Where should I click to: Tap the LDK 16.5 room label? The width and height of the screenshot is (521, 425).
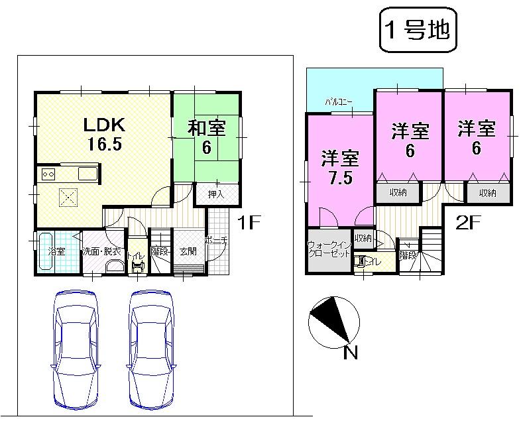tap(103, 134)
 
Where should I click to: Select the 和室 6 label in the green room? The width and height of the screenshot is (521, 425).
tap(206, 137)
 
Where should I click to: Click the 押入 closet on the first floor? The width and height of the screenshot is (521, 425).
tap(216, 194)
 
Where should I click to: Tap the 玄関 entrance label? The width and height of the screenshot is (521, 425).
tap(188, 251)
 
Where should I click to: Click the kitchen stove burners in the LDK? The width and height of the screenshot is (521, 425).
tap(48, 174)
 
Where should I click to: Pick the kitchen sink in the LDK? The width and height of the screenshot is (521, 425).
tap(87, 174)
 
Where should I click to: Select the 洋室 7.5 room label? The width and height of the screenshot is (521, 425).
tap(340, 167)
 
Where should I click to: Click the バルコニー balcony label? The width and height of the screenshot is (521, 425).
tap(338, 102)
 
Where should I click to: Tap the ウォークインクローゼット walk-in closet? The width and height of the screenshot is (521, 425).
tap(328, 251)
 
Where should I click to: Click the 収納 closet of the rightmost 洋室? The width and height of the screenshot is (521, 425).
tap(487, 192)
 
